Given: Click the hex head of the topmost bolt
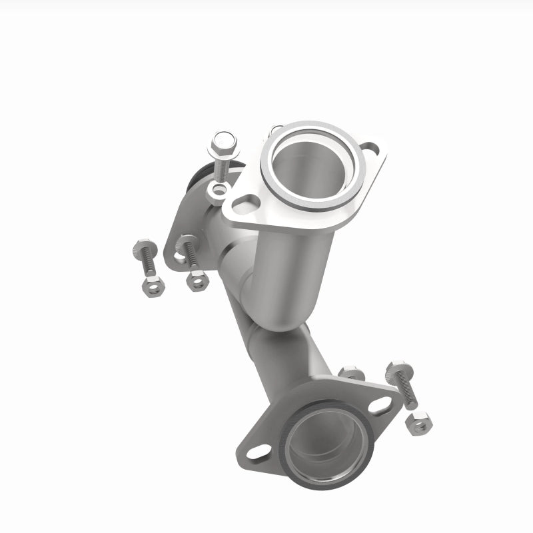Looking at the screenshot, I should click(223, 142).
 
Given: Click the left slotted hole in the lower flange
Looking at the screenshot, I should click(259, 453).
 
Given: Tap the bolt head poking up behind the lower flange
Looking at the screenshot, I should click(351, 372).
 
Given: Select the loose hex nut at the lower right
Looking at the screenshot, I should click(418, 422).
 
